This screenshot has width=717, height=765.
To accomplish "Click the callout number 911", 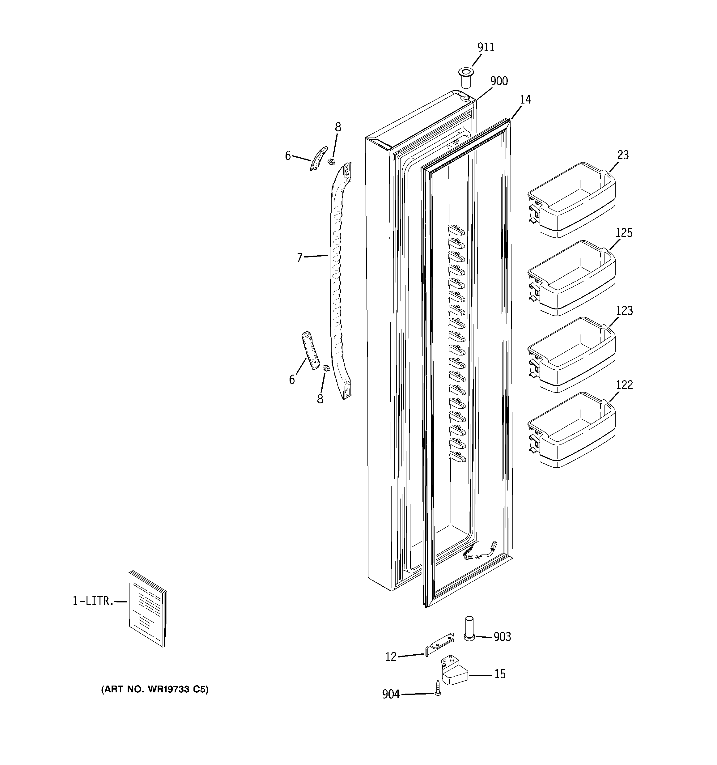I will [x=486, y=47].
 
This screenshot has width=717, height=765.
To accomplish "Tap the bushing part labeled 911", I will [x=466, y=77].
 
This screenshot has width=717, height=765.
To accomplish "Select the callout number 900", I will [x=499, y=81].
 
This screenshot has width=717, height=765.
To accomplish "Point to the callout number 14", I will [x=525, y=100].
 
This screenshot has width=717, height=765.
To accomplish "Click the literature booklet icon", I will [x=148, y=608].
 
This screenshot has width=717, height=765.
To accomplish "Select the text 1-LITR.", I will [x=93, y=601].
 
